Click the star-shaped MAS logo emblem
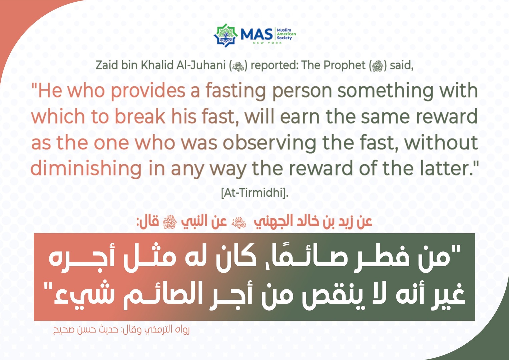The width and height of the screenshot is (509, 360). (x=225, y=35)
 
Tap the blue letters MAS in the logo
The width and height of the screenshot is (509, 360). (x=257, y=34)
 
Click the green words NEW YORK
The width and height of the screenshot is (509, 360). (x=268, y=43)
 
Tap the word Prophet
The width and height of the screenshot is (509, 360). (x=344, y=66)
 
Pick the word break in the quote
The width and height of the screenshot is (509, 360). (x=140, y=116)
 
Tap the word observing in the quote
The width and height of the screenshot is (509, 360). (x=269, y=143)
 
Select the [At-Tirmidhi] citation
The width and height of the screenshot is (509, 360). (x=255, y=193)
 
